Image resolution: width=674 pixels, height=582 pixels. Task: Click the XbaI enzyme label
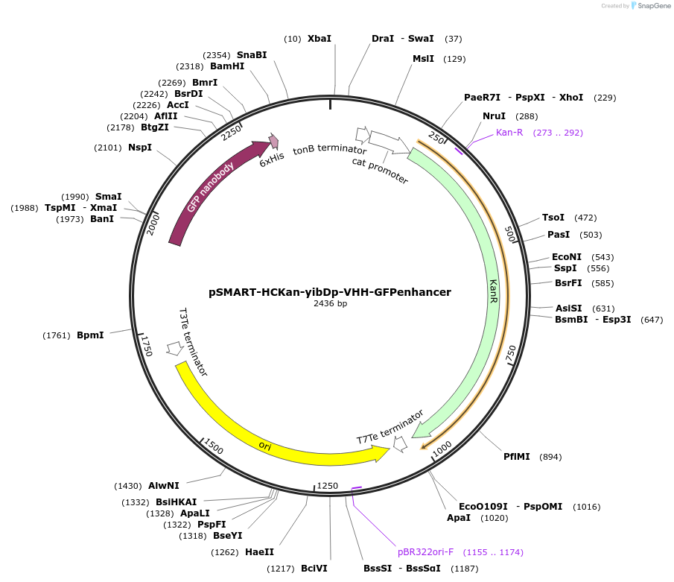pos(319,39)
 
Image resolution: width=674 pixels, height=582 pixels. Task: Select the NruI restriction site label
pos(494,116)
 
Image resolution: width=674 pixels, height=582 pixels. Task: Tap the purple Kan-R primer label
pos(509,133)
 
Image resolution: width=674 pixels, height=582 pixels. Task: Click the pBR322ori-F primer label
pos(425,552)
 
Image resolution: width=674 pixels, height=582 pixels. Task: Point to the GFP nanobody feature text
pos(211,186)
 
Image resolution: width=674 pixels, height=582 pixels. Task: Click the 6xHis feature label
pos(272,159)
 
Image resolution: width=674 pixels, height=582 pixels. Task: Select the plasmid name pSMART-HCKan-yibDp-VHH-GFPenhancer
pos(330,292)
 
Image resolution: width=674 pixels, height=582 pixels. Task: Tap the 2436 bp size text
pos(330,303)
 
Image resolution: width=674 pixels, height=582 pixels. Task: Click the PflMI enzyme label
pos(517,457)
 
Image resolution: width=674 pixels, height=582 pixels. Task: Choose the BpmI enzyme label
pos(90,335)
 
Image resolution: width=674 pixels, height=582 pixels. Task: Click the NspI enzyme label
pos(139,148)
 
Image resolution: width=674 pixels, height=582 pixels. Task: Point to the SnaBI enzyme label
pos(252,54)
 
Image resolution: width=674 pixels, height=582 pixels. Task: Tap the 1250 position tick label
pos(328,486)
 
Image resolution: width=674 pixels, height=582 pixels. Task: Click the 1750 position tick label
pos(147,345)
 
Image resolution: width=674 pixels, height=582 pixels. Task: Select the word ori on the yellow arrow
pos(265,446)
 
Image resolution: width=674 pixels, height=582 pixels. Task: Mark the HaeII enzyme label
pos(259,552)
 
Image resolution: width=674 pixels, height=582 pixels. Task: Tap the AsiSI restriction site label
pos(568,309)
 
